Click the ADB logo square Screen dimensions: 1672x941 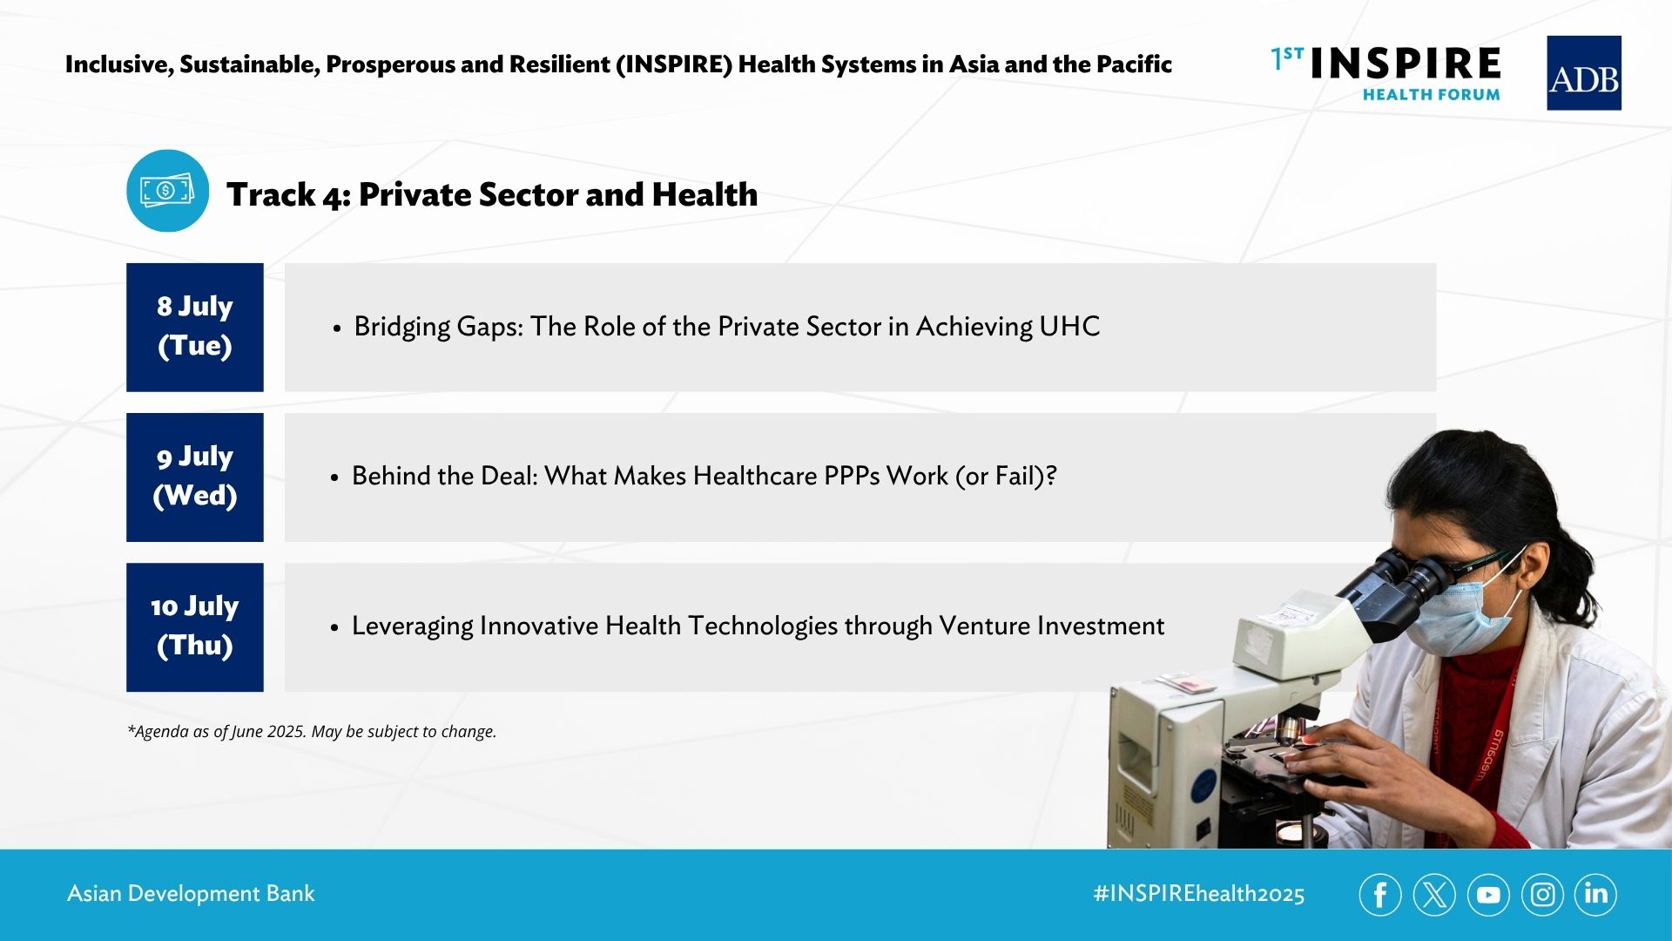1583,73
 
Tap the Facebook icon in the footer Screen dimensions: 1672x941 1380,894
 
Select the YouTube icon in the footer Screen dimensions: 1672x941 1488,894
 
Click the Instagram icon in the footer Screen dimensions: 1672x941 1542,894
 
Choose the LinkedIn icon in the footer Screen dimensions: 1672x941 1595,894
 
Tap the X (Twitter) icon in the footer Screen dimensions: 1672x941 1434,894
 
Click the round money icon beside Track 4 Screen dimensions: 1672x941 168,191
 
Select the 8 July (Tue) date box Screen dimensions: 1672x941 195,328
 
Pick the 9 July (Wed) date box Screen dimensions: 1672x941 195,477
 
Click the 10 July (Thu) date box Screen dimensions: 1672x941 195,627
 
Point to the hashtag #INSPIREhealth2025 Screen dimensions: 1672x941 1199,894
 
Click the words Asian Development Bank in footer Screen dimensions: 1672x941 191,894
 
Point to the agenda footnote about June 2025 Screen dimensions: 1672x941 312,732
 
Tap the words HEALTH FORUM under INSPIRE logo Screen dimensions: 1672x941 1431,94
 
